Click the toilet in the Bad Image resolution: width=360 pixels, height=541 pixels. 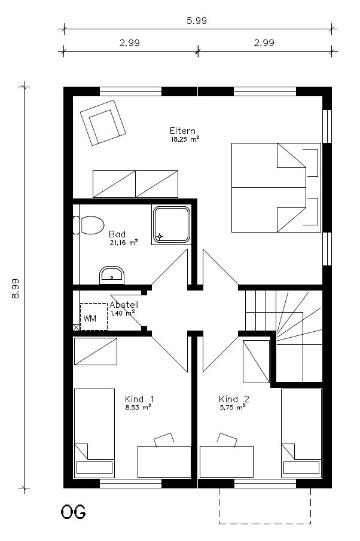coord(89,225)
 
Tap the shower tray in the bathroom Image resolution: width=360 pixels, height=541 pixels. coord(172,225)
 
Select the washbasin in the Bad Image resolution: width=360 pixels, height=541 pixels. coord(111,276)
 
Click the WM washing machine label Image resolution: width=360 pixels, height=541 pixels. coord(90,318)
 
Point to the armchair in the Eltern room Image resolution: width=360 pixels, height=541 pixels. coord(103,123)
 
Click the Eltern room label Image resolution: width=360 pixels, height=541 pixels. coord(182,131)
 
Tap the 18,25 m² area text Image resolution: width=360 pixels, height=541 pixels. coord(185,139)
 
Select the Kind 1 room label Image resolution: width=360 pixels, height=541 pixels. coord(139,399)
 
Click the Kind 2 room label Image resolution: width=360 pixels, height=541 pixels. coord(234,399)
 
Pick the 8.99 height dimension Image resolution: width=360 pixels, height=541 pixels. coord(16,288)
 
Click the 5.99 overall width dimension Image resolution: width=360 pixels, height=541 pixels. coord(197,21)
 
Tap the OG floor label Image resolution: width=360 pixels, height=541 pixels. coord(73,512)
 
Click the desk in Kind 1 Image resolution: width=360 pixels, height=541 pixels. coord(164,461)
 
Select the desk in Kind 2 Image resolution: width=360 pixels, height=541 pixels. coord(227,461)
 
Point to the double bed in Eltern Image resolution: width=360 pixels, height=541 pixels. coord(276,187)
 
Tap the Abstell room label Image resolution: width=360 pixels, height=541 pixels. coord(124,305)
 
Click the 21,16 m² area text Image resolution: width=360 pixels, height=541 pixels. coord(124,243)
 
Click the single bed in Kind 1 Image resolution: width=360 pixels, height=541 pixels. coord(94,433)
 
